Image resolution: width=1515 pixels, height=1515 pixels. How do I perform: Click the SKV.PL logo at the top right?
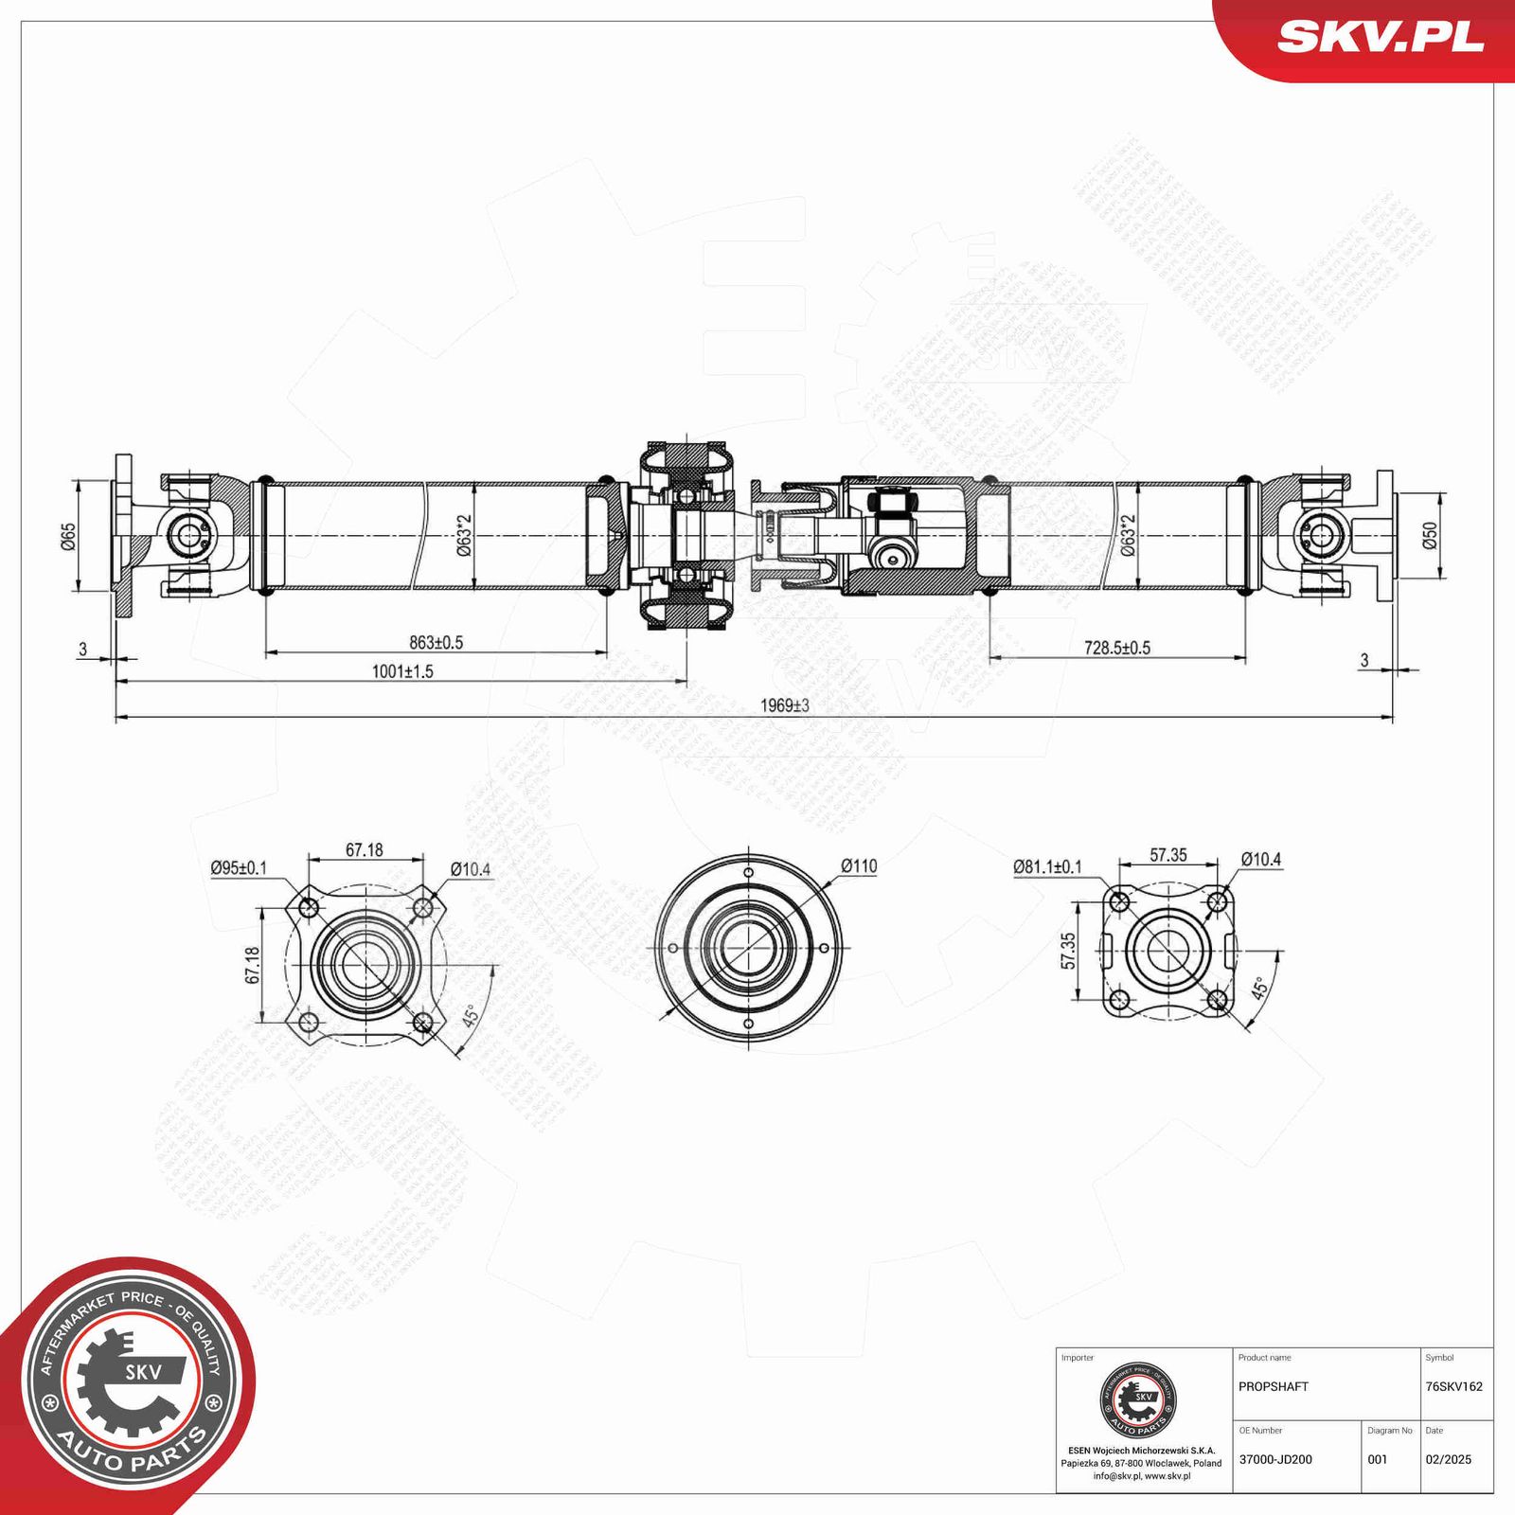1380,38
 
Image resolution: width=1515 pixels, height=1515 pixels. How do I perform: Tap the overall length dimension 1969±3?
785,705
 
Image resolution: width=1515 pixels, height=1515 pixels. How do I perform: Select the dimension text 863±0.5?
436,643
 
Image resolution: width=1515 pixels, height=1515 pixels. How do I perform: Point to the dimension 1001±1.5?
402,671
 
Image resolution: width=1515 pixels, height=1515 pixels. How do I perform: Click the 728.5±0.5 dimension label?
1117,648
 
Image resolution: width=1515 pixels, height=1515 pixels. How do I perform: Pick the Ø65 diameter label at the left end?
68,536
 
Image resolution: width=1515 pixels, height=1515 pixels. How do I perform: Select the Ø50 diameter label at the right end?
1430,535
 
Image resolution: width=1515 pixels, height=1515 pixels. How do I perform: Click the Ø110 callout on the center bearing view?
859,865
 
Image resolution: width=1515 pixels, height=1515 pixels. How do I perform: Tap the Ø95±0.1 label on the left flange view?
239,867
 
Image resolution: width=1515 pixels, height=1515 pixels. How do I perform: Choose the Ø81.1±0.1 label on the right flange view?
1047,866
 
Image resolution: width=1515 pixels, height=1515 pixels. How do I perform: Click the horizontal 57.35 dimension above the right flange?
1168,855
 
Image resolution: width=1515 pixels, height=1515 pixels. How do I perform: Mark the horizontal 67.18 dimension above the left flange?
365,850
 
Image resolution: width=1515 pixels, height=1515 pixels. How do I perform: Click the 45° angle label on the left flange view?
471,1017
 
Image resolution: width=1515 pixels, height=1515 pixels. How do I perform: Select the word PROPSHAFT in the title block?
1273,1386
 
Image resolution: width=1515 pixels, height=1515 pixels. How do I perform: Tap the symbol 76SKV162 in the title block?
1453,1386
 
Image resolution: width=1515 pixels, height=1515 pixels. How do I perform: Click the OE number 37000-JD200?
1275,1459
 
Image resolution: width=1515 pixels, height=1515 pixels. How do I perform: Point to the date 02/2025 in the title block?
1448,1459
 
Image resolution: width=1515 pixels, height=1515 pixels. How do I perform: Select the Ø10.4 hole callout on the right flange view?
1261,860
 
